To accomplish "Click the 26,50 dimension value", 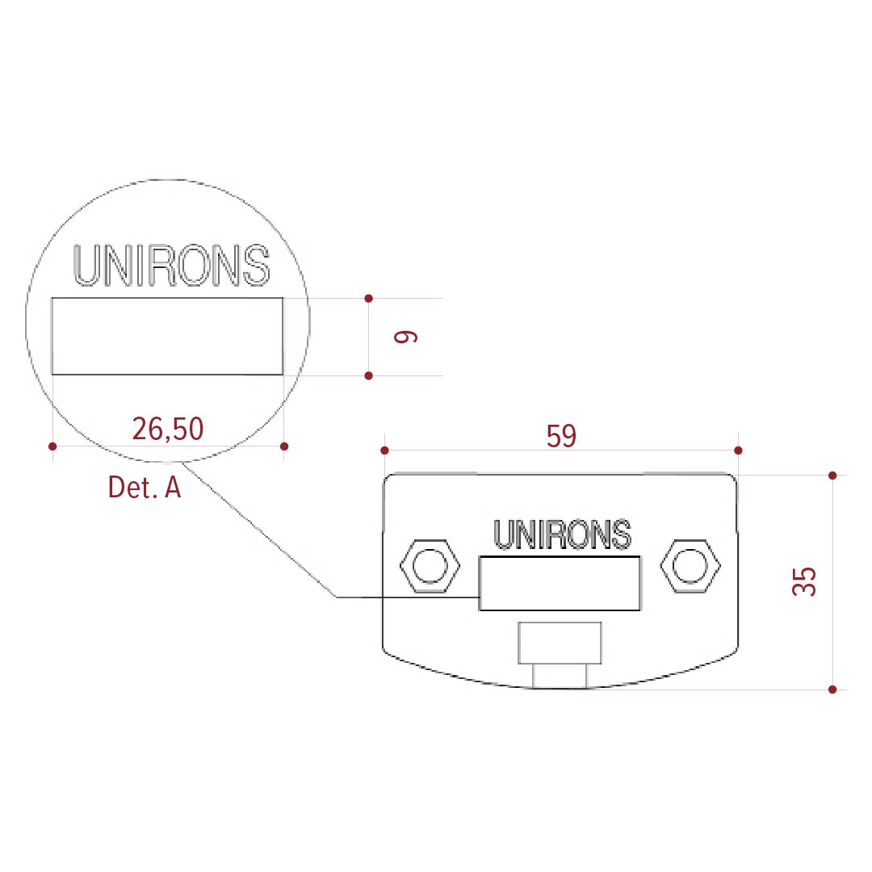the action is point(168,430).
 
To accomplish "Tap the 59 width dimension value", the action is point(561,436).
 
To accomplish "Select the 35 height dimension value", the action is point(804,581).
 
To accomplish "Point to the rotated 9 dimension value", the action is point(405,337).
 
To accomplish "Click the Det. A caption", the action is point(145,487).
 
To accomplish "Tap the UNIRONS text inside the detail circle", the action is point(171,266).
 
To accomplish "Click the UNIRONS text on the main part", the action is point(562,535).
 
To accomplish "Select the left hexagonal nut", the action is point(430,565).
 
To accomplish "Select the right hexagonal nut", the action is point(690,565).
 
